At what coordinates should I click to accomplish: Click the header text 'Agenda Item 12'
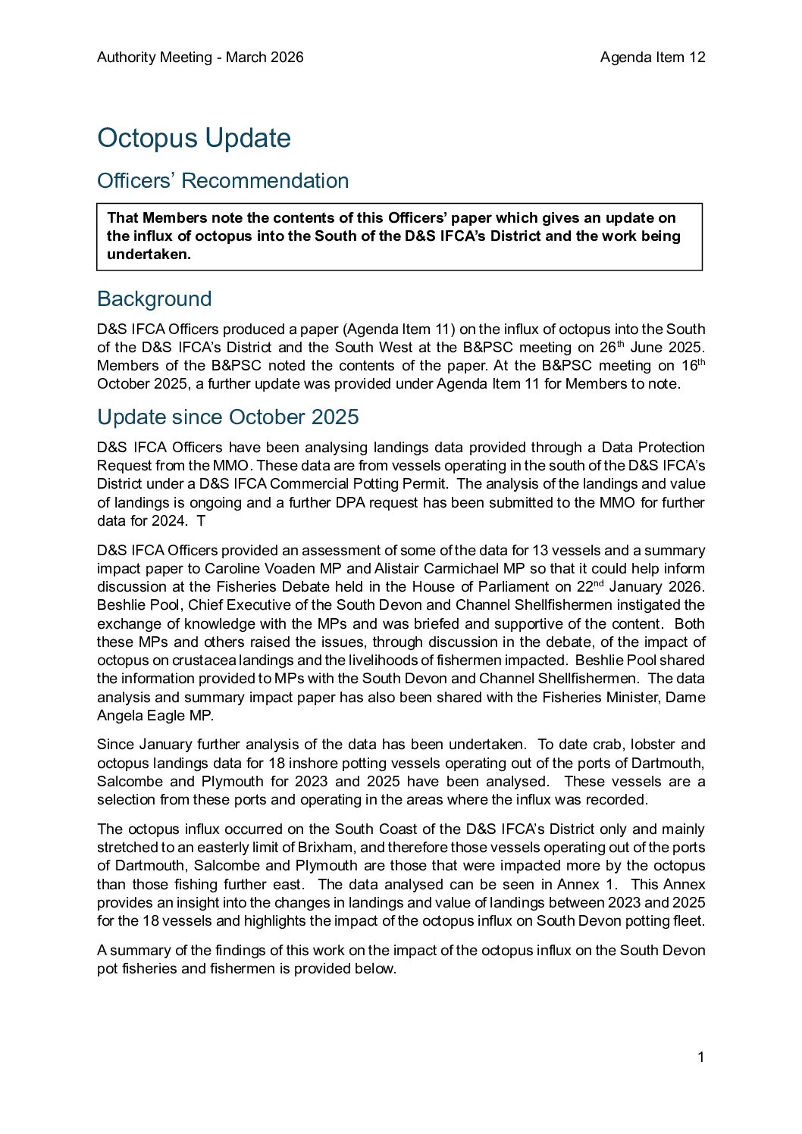point(652,58)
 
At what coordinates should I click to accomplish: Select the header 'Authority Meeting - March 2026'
point(200,58)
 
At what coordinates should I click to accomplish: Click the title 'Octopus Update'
point(194,138)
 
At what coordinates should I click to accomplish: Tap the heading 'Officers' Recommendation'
point(223,181)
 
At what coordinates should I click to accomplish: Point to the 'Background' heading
point(154,299)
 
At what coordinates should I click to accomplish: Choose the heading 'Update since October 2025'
point(227,417)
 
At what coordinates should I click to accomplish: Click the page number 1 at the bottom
point(701,1057)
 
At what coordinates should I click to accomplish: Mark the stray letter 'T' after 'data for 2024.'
point(201,521)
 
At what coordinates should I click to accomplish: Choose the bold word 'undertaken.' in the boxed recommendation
point(149,255)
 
